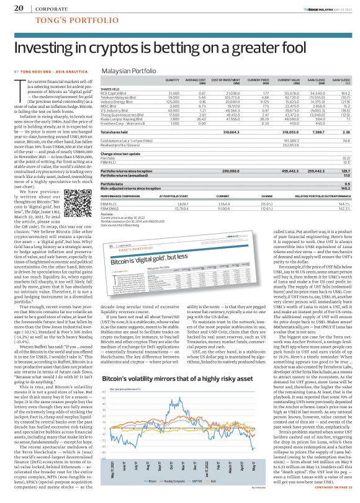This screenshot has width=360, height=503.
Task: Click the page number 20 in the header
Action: tap(17, 8)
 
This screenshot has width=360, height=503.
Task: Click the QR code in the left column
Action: tap(69, 195)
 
